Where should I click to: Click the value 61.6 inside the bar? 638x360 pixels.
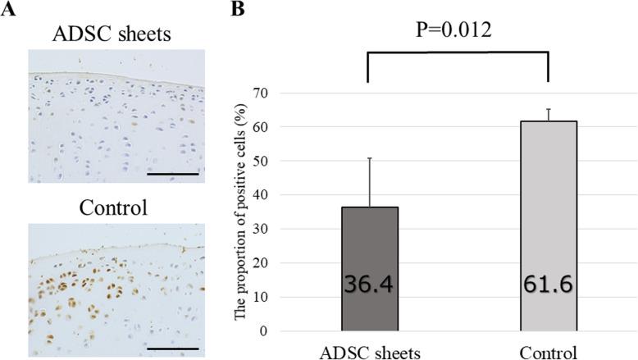(x=548, y=287)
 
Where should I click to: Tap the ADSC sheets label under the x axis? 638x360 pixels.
(x=369, y=350)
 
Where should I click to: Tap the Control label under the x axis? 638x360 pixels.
(x=548, y=350)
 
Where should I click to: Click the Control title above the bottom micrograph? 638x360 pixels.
(x=112, y=207)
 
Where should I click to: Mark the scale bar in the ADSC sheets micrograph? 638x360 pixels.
(x=171, y=174)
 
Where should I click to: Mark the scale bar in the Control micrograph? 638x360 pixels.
(x=171, y=348)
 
